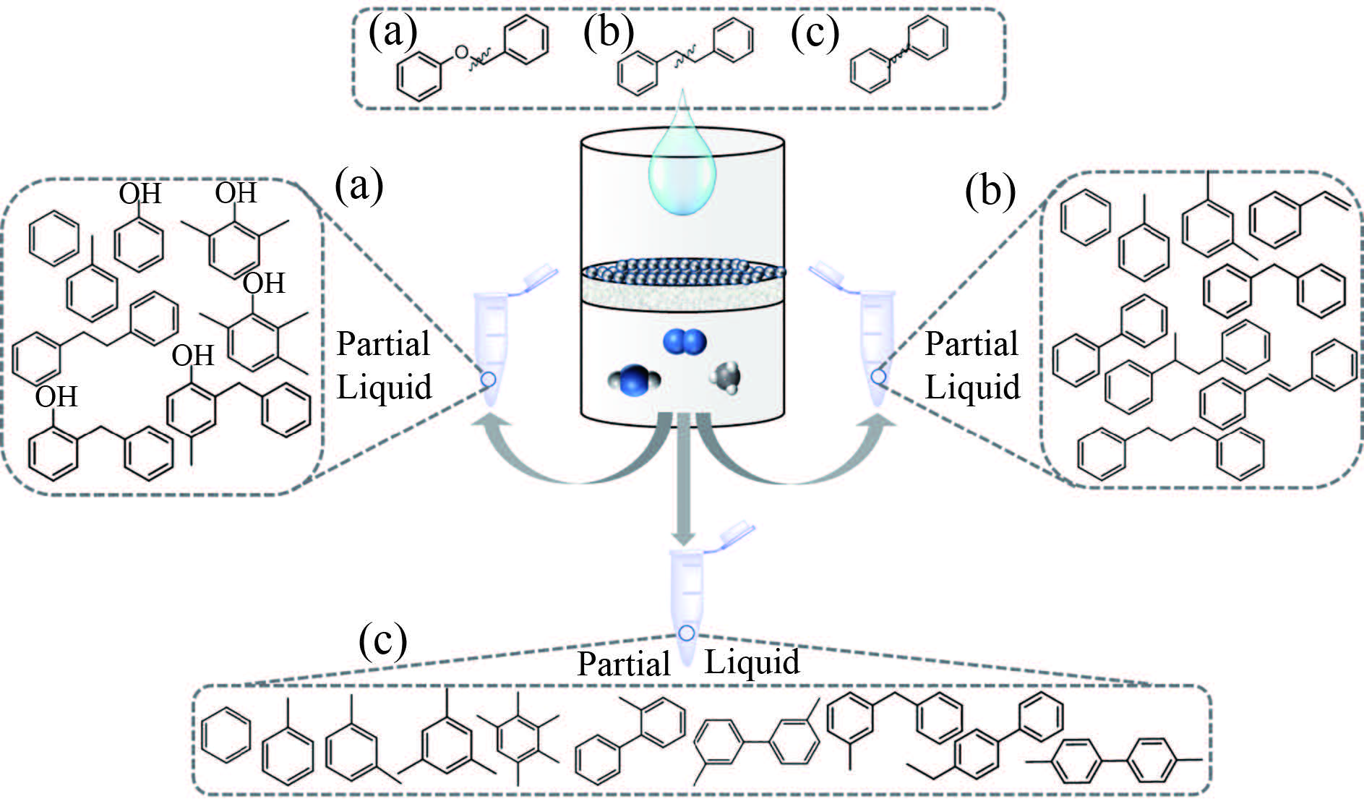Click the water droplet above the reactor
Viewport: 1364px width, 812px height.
(682, 170)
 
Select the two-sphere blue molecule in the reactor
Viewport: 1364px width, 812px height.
(685, 342)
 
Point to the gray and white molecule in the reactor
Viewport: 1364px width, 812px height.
(726, 377)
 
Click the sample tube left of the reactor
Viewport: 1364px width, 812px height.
(489, 340)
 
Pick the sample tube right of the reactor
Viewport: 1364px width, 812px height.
(876, 340)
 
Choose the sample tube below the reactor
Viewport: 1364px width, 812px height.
(685, 593)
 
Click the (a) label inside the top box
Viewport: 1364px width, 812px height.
(393, 33)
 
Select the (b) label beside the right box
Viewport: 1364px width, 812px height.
(990, 192)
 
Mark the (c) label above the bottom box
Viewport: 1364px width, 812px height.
(382, 640)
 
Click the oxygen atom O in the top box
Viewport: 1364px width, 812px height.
(460, 51)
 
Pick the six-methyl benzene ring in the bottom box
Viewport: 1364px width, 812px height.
(518, 738)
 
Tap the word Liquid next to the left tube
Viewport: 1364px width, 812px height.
(384, 387)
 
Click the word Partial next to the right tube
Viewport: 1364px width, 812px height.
(971, 343)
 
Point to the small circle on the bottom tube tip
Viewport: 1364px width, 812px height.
(687, 633)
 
